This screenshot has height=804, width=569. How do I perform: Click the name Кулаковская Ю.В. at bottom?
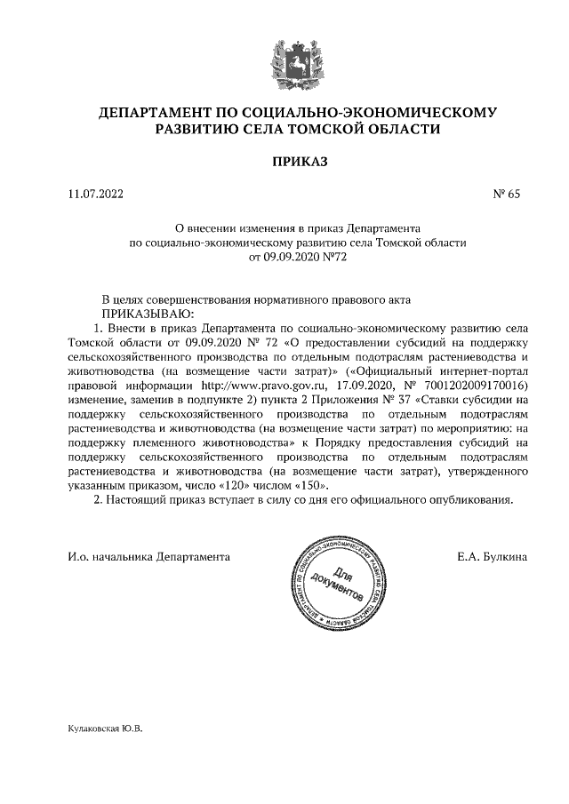click(x=105, y=728)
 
